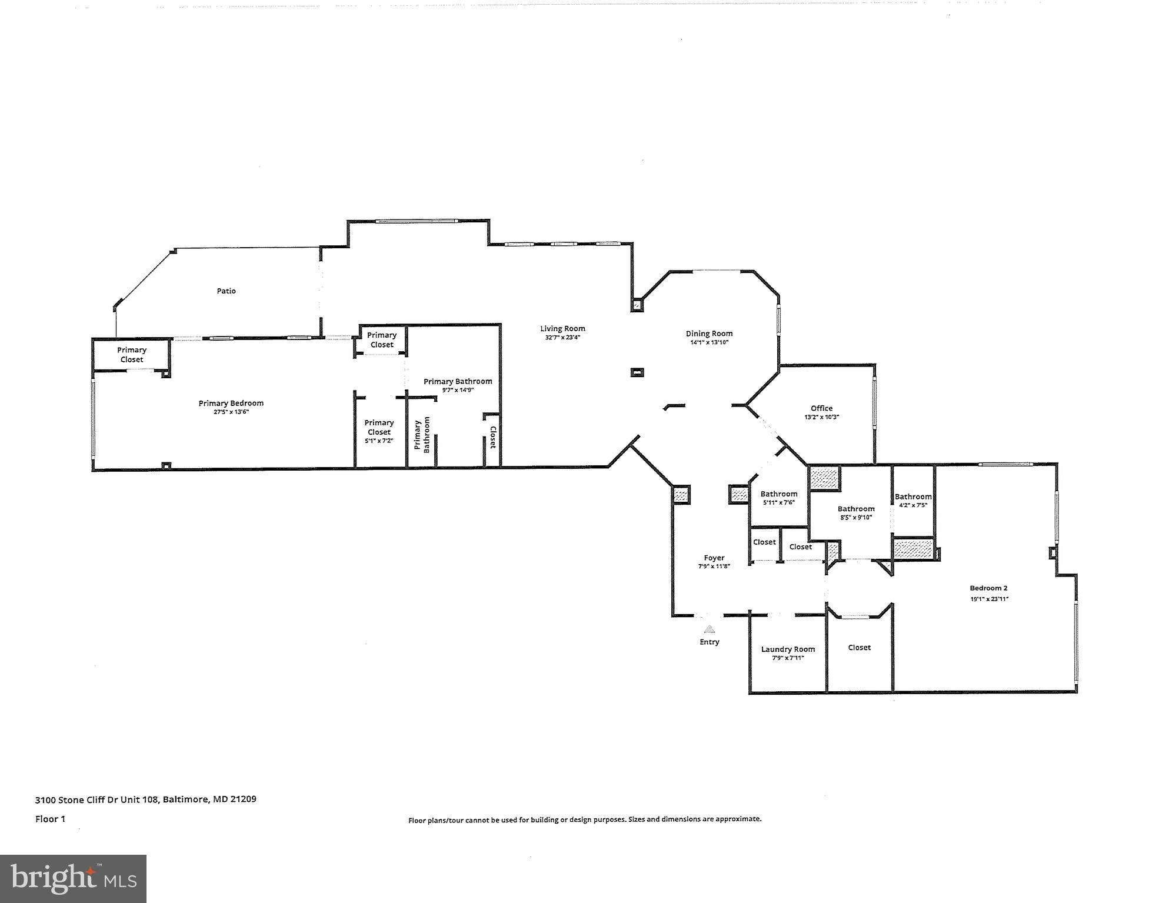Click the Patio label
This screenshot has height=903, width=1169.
[x=227, y=291]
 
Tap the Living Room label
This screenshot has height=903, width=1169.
[x=563, y=329]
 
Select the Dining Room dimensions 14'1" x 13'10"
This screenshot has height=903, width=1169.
[x=710, y=342]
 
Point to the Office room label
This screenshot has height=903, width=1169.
[x=822, y=408]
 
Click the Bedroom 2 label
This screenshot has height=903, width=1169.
[x=989, y=588]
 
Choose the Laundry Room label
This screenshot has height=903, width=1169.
[x=788, y=649]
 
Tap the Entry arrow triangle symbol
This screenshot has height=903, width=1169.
[x=710, y=629]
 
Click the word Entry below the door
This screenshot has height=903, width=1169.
[x=710, y=642]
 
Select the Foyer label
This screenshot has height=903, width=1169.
[x=714, y=558]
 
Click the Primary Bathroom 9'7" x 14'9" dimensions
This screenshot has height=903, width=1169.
[x=458, y=390]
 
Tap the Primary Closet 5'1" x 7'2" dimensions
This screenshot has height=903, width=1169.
[x=379, y=441]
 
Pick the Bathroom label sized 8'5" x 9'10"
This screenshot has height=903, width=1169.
[x=856, y=509]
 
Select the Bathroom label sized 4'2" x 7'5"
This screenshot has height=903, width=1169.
[x=913, y=497]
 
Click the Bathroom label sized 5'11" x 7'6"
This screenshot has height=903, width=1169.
[x=779, y=494]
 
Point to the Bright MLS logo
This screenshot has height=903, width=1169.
[x=73, y=879]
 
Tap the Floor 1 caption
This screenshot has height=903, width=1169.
[x=50, y=819]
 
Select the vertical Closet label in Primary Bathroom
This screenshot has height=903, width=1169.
[x=493, y=438]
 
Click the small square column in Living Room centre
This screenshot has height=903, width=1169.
[x=637, y=372]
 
